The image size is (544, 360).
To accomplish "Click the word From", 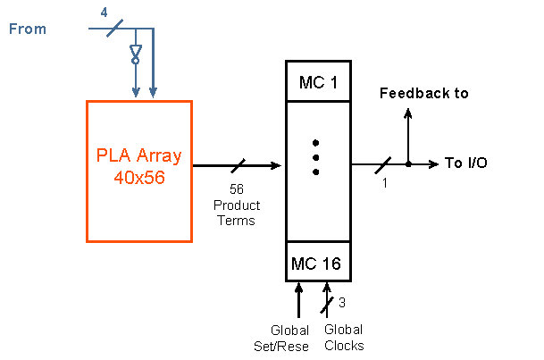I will tap(28, 29).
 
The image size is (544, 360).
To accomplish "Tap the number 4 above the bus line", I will tap(104, 13).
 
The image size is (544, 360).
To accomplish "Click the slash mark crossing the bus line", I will tap(114, 29).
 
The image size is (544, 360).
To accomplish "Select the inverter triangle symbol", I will tap(136, 50).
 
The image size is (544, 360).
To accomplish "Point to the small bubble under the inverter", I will tap(136, 61).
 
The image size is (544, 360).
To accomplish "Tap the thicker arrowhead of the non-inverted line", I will tap(154, 91).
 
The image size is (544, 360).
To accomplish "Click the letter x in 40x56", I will tap(138, 179).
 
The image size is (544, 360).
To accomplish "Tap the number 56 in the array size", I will tap(155, 178).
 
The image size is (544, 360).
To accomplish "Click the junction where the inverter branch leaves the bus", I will tap(136, 29).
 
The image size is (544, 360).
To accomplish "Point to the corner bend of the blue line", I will tap(154, 29).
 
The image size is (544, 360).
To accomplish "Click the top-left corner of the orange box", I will tap(88, 102).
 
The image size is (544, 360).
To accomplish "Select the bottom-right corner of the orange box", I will tap(191, 241).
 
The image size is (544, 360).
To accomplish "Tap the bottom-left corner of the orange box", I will tap(88, 241).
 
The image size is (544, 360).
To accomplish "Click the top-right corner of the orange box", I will tap(191, 102).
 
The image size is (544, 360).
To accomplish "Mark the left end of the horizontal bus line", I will tap(89, 29).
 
